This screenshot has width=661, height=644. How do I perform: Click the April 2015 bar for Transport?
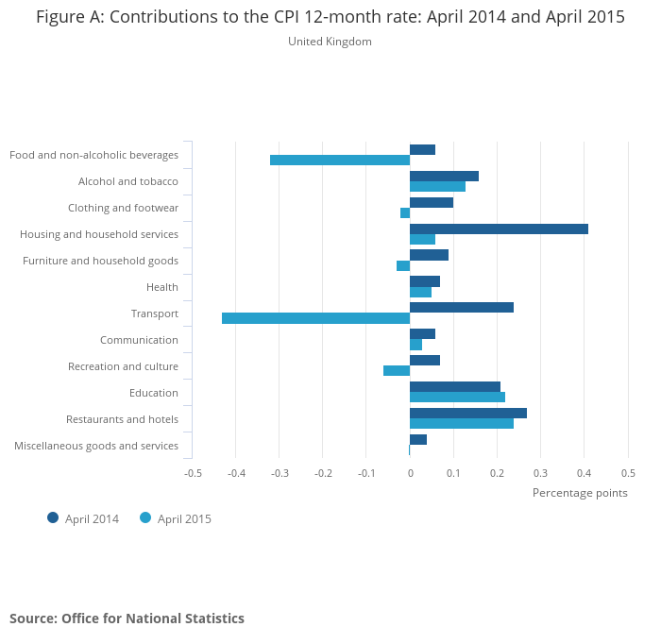(315, 318)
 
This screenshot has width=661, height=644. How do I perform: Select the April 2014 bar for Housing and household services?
(499, 229)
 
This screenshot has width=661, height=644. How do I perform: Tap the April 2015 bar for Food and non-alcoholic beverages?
(340, 160)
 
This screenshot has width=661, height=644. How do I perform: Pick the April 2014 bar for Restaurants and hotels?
(468, 414)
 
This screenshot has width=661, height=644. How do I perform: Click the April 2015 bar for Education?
(457, 398)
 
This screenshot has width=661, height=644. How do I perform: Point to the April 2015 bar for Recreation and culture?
(397, 371)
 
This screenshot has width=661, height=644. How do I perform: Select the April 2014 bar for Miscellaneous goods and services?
(418, 440)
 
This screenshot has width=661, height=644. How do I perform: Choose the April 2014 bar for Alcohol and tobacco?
(444, 176)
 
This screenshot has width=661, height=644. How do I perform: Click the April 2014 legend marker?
(53, 517)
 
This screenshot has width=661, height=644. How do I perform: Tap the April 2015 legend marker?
(145, 517)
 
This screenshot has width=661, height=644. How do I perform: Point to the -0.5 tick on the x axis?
(193, 472)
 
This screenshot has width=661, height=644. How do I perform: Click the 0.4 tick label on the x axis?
(585, 472)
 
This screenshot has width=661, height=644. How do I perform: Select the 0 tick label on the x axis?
(410, 472)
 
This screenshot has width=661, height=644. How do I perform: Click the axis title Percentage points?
(580, 492)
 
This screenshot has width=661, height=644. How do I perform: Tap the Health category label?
(162, 287)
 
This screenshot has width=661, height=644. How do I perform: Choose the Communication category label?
(139, 340)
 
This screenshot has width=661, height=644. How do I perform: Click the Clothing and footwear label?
(123, 208)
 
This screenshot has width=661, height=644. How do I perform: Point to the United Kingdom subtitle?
(330, 42)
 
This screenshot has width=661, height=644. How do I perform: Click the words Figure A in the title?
(69, 17)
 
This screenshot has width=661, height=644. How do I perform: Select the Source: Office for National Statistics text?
(127, 619)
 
